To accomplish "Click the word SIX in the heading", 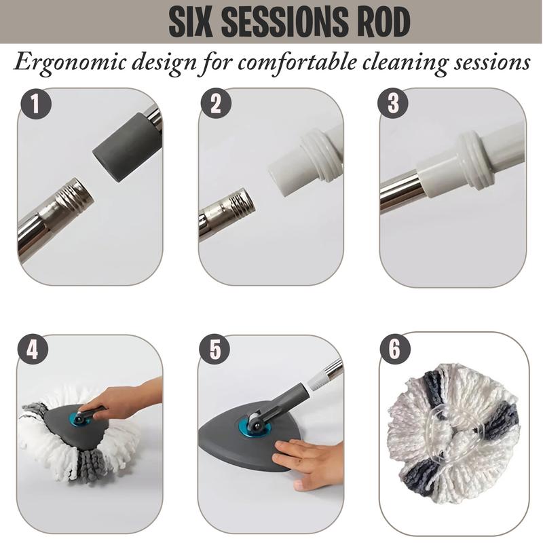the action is coord(190,22).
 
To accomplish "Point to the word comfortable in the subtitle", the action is coord(297,62).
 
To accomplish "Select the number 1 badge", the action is coord(36,104).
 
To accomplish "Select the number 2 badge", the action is coord(216,103).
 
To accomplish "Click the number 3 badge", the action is coord(393,103).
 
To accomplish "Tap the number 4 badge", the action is coord(33,350).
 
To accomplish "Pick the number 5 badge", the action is coord(214,350).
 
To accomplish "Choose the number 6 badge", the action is coord(395,349).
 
